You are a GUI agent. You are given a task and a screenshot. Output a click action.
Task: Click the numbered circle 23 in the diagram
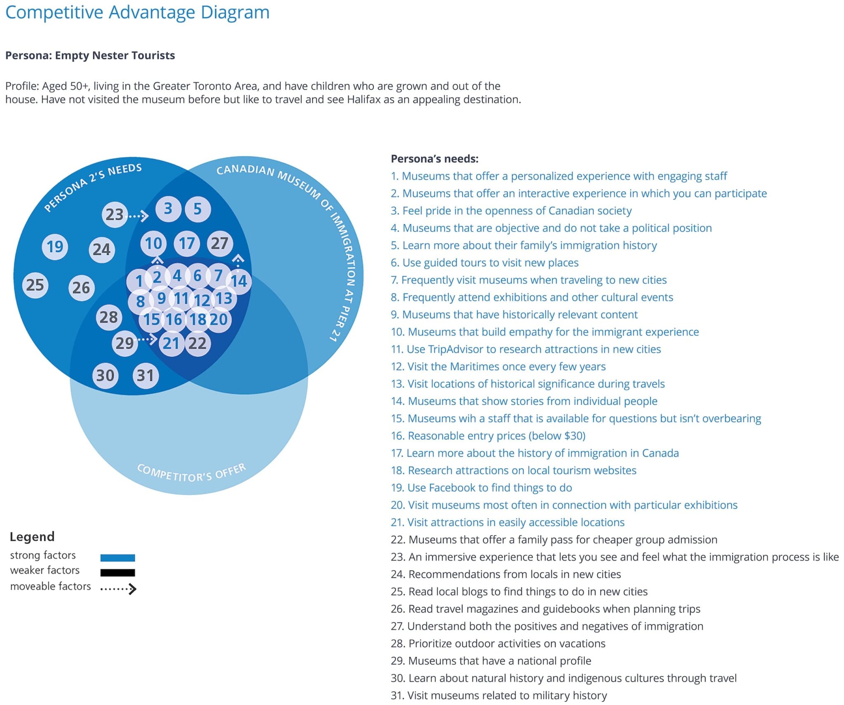click(x=115, y=214)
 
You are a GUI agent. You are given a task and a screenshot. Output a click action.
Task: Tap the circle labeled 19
click(x=55, y=247)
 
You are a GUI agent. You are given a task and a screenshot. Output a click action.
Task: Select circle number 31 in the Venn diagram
click(x=145, y=376)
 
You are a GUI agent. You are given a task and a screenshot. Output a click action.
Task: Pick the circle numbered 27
click(x=220, y=243)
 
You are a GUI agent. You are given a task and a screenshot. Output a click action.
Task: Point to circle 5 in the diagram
click(x=198, y=209)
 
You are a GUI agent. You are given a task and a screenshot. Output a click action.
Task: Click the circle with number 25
click(x=35, y=285)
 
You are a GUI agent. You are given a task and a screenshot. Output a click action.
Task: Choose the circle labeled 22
click(x=198, y=343)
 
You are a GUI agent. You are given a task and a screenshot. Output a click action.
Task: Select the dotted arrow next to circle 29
click(x=147, y=339)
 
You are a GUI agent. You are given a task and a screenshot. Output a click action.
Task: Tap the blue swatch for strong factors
click(x=117, y=558)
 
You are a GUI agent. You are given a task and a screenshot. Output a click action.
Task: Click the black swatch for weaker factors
click(x=117, y=573)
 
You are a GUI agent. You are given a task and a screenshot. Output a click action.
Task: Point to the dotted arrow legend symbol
click(x=118, y=589)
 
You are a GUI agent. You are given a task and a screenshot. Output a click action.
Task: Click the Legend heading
click(x=32, y=537)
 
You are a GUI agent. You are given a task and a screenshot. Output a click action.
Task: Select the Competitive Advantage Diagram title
click(x=137, y=12)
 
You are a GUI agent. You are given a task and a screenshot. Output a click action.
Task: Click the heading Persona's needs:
click(x=434, y=159)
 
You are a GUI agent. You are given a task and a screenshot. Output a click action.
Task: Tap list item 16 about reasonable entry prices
click(x=488, y=436)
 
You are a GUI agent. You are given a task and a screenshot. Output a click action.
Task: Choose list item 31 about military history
click(x=499, y=696)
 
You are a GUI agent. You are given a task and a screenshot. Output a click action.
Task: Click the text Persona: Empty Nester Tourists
click(x=90, y=56)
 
